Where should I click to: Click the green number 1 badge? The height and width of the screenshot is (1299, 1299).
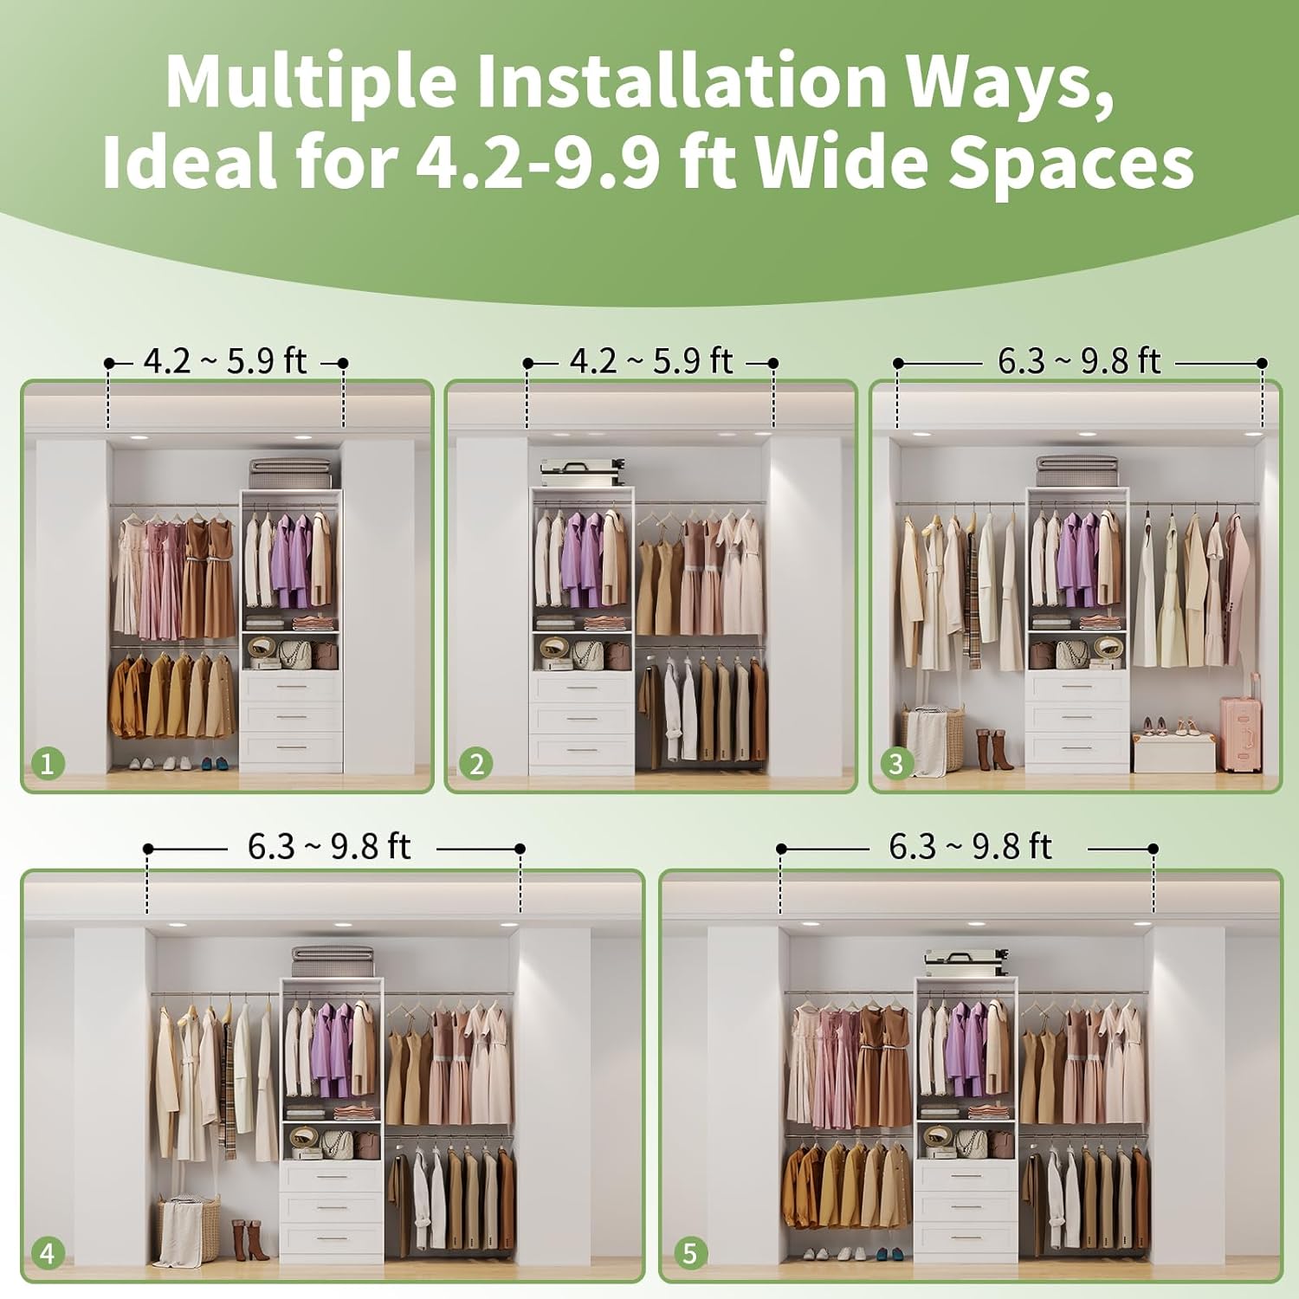(48, 764)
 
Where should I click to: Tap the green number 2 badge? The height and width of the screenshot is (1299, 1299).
(475, 764)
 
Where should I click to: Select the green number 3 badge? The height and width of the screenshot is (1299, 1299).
(896, 764)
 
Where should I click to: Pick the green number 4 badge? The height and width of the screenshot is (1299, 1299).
(48, 1253)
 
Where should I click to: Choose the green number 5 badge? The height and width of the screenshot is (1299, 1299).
(689, 1253)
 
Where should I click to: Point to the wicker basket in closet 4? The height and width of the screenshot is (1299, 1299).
(188, 1229)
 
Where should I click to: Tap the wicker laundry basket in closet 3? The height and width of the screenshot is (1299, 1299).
(933, 740)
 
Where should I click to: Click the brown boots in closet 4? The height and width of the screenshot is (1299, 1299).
(248, 1240)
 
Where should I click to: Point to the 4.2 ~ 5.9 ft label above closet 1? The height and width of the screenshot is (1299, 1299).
(225, 361)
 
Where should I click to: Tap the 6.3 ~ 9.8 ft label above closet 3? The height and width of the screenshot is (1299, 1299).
(1078, 361)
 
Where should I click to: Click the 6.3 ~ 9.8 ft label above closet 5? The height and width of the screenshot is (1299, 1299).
(970, 847)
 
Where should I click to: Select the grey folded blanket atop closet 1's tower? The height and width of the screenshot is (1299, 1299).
(289, 474)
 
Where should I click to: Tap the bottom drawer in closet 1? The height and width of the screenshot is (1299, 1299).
(291, 750)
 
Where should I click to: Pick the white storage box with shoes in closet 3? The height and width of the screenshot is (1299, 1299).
(1173, 752)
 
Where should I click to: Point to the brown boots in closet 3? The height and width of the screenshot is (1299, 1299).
(992, 749)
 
